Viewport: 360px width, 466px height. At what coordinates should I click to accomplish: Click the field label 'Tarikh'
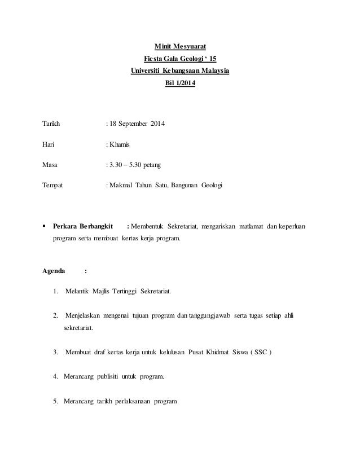point(52,124)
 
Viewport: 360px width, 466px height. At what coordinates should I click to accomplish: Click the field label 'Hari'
point(49,144)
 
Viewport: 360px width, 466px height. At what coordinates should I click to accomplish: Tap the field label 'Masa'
point(51,165)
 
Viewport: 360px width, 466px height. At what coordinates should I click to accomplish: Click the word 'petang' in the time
point(150,165)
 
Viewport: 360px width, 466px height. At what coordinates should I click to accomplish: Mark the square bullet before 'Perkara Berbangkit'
point(45,226)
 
